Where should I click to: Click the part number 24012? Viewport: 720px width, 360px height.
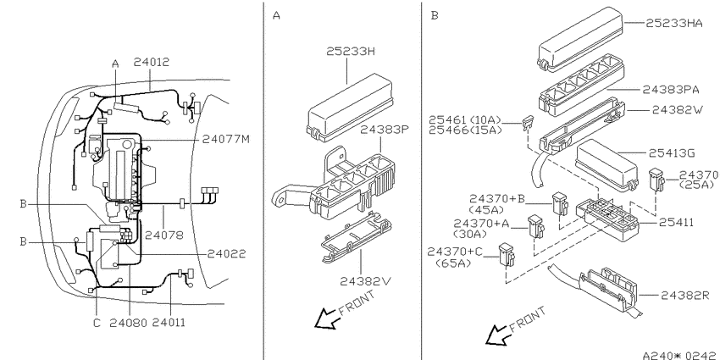click(152, 62)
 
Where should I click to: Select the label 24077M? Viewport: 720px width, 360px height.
click(226, 139)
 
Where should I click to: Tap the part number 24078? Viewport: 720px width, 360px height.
click(164, 235)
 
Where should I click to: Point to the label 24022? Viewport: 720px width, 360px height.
click(226, 253)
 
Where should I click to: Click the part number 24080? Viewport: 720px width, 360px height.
click(129, 323)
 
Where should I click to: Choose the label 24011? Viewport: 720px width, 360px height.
click(169, 323)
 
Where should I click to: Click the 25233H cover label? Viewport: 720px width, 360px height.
click(351, 52)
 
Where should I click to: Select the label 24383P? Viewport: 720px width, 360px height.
click(384, 130)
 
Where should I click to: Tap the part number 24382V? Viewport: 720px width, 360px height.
click(366, 281)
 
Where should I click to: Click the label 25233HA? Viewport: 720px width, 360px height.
click(674, 23)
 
